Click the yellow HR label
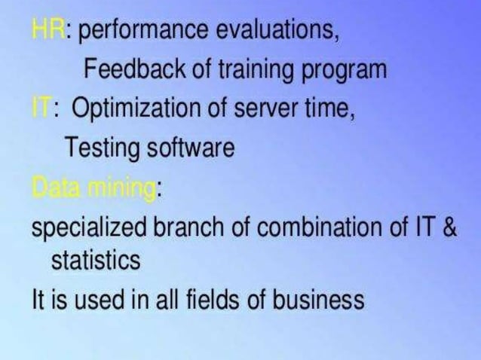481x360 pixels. point(47,32)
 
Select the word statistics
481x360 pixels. point(95,261)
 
